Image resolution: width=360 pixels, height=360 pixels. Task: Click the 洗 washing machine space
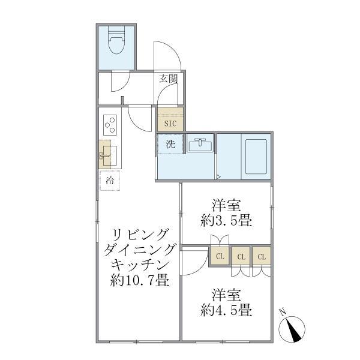(x=170, y=144)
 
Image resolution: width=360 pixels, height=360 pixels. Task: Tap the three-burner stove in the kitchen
(x=110, y=125)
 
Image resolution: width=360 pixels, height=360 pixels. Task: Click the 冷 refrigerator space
(x=110, y=180)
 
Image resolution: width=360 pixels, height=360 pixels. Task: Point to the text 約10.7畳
(x=139, y=280)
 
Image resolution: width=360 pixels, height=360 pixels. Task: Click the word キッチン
(x=139, y=264)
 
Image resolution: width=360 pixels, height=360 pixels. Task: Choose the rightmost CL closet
(x=262, y=257)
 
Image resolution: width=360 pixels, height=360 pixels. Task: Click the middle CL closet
(x=241, y=257)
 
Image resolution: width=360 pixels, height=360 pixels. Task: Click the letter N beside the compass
(x=283, y=311)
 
